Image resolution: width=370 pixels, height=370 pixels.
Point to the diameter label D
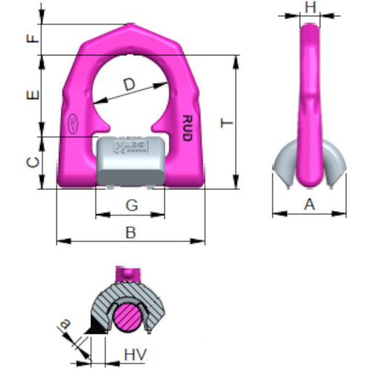point(129,87)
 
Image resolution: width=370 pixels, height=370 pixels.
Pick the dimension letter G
point(130,203)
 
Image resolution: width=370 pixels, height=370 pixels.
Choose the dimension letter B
point(130,232)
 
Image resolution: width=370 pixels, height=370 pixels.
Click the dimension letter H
point(310,8)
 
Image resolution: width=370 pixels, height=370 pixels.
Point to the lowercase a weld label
point(64,324)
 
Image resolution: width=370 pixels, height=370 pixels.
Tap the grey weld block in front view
point(130,160)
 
